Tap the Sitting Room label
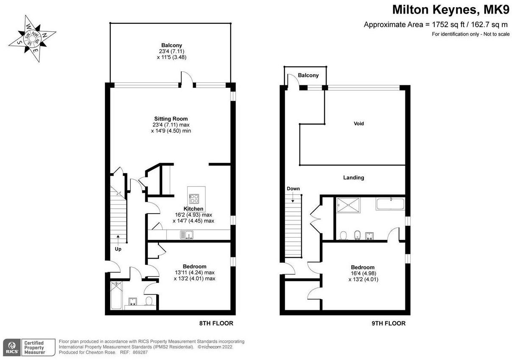click(x=171, y=118)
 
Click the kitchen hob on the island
click(x=194, y=198)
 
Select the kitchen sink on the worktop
click(x=187, y=235)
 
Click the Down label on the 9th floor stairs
click(x=293, y=188)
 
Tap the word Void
click(x=359, y=124)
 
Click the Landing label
click(x=354, y=177)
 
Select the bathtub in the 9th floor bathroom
click(x=390, y=204)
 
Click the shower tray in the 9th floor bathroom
click(x=348, y=205)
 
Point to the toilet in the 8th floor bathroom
click(x=149, y=301)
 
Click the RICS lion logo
click(x=12, y=347)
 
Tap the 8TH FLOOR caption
click(x=216, y=323)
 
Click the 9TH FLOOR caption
click(x=388, y=323)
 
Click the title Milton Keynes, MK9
click(x=451, y=10)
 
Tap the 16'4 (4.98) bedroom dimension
click(x=363, y=273)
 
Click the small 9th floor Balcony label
click(x=308, y=75)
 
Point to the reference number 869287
click(x=140, y=352)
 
